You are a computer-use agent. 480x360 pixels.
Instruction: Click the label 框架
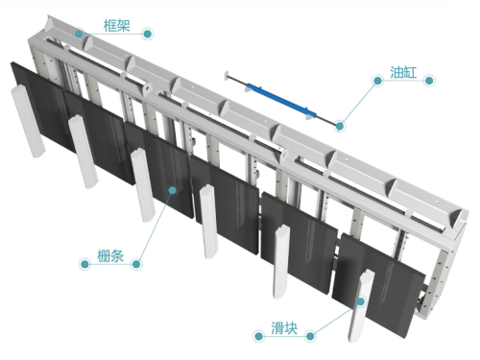pyautogui.click(x=117, y=26)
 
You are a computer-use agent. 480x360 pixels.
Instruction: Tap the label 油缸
pyautogui.click(x=403, y=72)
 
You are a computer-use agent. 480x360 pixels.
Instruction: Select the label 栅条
pyautogui.click(x=110, y=256)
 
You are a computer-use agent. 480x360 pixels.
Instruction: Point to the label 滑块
pyautogui.click(x=284, y=328)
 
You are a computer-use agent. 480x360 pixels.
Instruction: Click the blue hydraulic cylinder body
pyautogui.click(x=281, y=100)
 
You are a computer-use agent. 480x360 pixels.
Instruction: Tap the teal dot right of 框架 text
pyautogui.click(x=147, y=34)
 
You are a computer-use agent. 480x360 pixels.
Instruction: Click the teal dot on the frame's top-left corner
pyautogui.click(x=79, y=34)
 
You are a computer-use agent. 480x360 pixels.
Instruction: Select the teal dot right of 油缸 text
pyautogui.click(x=429, y=81)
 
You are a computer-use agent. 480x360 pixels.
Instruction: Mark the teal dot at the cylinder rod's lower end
pyautogui.click(x=340, y=126)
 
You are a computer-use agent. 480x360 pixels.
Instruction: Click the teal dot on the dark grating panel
pyautogui.click(x=173, y=190)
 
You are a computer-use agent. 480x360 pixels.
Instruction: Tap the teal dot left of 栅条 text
pyautogui.click(x=84, y=264)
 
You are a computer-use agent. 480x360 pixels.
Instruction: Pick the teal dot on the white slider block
pyautogui.click(x=361, y=301)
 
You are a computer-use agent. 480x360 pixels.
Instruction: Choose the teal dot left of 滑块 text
pyautogui.click(x=258, y=336)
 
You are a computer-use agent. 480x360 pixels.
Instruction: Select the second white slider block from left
pyautogui.click(x=84, y=152)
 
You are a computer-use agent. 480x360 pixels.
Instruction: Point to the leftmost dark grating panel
pyautogui.click(x=41, y=106)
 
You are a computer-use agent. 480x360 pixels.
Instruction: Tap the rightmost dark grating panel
pyautogui.click(x=379, y=285)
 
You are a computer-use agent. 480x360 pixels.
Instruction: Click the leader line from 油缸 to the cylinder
pyautogui.click(x=359, y=104)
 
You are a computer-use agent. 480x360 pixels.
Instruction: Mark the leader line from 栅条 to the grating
pyautogui.click(x=155, y=228)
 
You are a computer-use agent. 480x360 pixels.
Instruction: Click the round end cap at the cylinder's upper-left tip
pyautogui.click(x=227, y=76)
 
